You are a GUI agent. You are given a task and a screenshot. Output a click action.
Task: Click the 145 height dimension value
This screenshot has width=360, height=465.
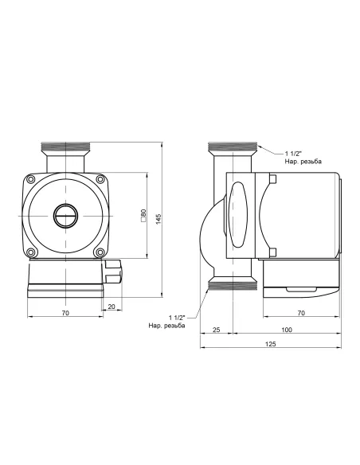click(x=159, y=219)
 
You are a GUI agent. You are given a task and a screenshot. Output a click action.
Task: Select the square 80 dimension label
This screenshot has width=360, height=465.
click(x=143, y=215)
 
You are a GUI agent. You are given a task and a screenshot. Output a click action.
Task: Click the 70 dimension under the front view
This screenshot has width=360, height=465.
click(x=66, y=313)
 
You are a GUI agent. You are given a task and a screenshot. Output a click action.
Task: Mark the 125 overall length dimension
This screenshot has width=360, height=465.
click(x=271, y=343)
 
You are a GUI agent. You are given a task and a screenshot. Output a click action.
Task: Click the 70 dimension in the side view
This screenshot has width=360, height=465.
click(x=300, y=313)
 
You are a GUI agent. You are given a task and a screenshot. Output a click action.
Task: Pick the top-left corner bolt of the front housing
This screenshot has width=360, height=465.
click(x=32, y=181)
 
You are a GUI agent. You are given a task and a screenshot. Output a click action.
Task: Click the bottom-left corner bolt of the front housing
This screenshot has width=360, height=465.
click(x=32, y=253)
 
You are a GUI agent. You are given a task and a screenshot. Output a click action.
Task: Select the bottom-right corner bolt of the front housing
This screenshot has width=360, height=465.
click(x=100, y=253)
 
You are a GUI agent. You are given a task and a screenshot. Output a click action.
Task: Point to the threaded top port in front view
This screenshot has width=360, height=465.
click(x=66, y=149)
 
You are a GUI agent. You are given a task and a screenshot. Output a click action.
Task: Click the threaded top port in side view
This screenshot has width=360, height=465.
click(x=233, y=149)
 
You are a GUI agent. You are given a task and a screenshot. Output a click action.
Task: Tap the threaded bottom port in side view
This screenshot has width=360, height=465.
click(x=233, y=283)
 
